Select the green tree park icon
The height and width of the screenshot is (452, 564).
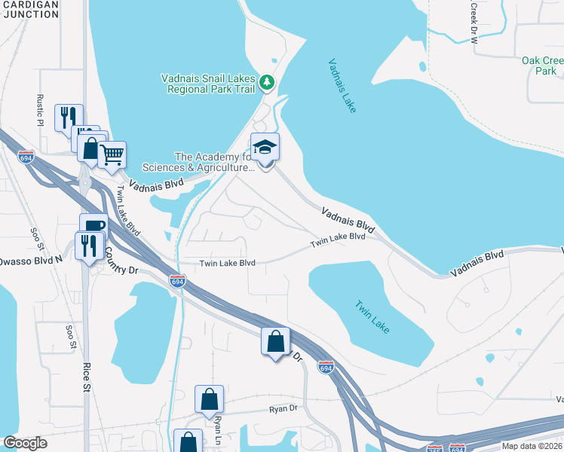pos(266,81)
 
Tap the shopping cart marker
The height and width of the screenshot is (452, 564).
pos(112,155)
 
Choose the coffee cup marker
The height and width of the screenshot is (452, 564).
pos(93,226)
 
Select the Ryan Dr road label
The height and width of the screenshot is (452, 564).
pos(284,409)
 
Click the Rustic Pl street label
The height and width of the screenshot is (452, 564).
pos(41,110)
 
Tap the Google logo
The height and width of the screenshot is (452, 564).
pos(25,443)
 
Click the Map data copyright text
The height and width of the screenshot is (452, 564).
pos(531,446)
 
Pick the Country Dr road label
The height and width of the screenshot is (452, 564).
pos(121,260)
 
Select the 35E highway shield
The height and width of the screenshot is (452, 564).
pos(435,448)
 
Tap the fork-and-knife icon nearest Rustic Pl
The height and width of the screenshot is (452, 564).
pos(69,117)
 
